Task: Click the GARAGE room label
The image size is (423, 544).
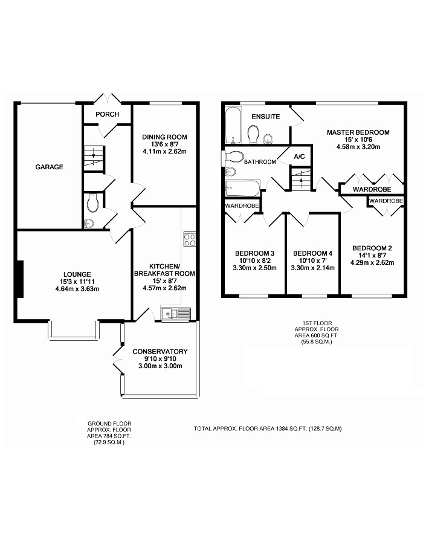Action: [x=49, y=167]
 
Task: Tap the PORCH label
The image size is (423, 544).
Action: [x=107, y=114]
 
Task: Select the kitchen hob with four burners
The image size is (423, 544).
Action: [x=190, y=239]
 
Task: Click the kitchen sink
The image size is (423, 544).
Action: [x=175, y=314]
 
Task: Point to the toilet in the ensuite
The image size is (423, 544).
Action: [x=254, y=135]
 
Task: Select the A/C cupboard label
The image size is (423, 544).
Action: [x=299, y=157]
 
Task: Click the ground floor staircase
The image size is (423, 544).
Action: [x=94, y=158]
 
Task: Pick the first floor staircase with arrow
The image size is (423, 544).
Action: [x=301, y=179]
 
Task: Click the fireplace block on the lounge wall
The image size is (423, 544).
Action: [x=20, y=279]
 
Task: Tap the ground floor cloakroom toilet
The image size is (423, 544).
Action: [x=93, y=203]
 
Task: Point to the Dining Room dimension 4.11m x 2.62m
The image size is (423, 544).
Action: [x=164, y=151]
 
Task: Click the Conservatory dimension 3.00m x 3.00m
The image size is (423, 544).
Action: [x=160, y=366]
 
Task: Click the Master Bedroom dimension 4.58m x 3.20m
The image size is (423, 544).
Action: [x=358, y=146]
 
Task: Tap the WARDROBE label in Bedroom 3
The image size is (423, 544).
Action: [x=242, y=206]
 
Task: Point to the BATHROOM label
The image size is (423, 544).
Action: [x=260, y=161]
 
